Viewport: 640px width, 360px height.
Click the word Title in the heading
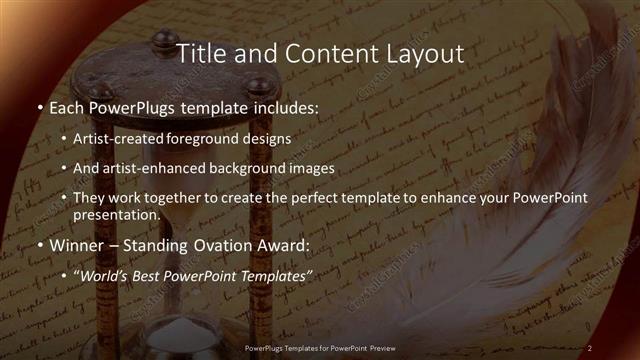pyautogui.click(x=198, y=53)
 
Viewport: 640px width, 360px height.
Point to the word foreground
pyautogui.click(x=220, y=139)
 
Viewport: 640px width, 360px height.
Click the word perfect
pyautogui.click(x=321, y=198)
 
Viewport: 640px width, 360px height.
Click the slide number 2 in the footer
pyautogui.click(x=589, y=348)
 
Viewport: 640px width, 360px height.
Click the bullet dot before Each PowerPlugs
pyautogui.click(x=40, y=107)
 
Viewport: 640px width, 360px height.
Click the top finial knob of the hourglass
pyautogui.click(x=160, y=39)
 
